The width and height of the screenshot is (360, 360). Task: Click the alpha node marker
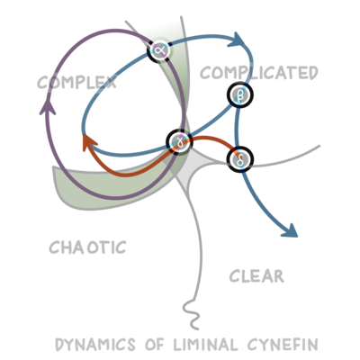tap(160, 49)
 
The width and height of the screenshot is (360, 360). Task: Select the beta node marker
tap(240, 94)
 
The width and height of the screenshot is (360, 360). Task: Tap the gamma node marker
tap(181, 141)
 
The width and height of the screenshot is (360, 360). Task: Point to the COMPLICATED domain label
tap(258, 72)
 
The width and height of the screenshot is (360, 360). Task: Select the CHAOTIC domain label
tap(87, 246)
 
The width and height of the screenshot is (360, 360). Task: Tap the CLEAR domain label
tap(256, 276)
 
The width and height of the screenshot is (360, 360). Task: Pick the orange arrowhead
tap(86, 141)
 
